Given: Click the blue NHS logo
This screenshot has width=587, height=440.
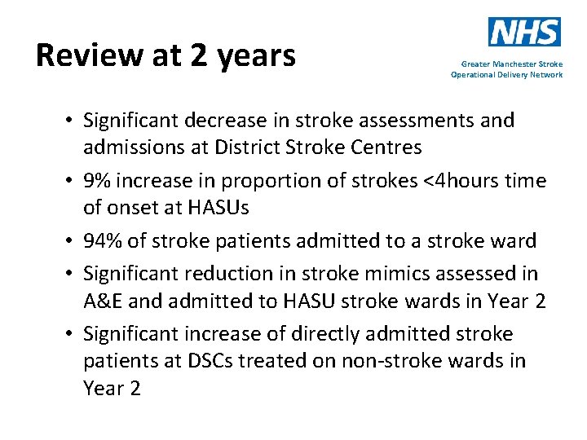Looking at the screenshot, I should (524, 32).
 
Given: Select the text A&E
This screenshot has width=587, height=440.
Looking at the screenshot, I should (103, 301).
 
